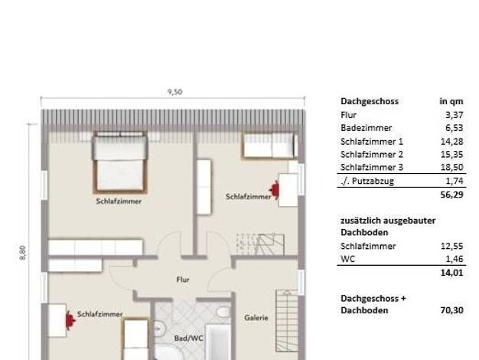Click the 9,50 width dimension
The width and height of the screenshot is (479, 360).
tap(175, 92)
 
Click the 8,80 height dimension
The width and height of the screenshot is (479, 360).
tap(23, 253)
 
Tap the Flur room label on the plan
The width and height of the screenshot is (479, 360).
tap(183, 280)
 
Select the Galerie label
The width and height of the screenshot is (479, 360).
tap(256, 318)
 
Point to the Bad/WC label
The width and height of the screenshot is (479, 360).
tap(188, 339)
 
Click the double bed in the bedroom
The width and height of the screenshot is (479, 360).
tap(120, 162)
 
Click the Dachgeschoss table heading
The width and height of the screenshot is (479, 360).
tap(370, 101)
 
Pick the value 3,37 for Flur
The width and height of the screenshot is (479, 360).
tap(455, 115)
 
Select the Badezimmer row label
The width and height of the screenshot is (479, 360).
tap(366, 128)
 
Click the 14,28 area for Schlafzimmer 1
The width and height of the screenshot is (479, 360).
tap(451, 141)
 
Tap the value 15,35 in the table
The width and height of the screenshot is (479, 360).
tap(451, 155)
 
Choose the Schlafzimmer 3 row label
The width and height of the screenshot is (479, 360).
tap(372, 167)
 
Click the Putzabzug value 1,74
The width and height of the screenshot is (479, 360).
tap(455, 181)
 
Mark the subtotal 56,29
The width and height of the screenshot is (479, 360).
tap(451, 195)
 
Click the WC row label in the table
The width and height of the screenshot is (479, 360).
tap(347, 259)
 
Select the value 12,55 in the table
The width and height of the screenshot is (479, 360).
tap(451, 246)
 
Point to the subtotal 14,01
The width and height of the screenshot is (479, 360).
tap(451, 273)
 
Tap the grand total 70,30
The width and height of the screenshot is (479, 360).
tap(451, 310)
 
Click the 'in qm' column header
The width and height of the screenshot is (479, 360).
tap(451, 101)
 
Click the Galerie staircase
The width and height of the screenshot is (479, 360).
tap(287, 320)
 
